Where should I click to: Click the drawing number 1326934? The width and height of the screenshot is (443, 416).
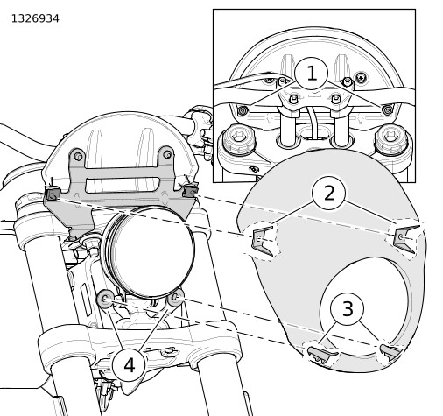click(x=35, y=18)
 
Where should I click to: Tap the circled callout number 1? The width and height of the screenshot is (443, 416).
click(x=312, y=74)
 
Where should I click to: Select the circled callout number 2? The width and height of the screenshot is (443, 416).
click(x=329, y=193)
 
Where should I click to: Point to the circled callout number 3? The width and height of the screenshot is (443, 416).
click(x=347, y=309)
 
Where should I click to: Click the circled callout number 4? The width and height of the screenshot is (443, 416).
click(x=129, y=365)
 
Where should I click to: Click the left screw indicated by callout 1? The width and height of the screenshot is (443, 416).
click(x=243, y=110)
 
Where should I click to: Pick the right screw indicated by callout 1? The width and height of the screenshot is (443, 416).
click(x=388, y=110)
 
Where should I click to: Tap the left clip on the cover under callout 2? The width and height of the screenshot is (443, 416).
click(x=264, y=241)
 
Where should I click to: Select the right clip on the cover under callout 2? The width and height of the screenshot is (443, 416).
click(x=405, y=238)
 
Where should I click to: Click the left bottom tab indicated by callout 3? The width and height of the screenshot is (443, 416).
click(x=323, y=354)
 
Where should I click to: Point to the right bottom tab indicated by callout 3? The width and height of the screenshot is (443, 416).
click(x=391, y=351)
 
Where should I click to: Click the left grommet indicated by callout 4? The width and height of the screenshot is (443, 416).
click(x=105, y=299)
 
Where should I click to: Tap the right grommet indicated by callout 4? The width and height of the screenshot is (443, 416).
click(x=176, y=297)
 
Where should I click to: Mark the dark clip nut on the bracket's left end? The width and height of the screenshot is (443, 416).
click(x=53, y=194)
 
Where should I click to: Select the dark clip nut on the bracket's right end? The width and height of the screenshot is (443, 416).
click(x=190, y=191)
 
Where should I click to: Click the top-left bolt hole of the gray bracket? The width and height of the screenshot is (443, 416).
click(x=78, y=156)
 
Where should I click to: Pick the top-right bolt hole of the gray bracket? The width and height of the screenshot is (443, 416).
click(x=167, y=154)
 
